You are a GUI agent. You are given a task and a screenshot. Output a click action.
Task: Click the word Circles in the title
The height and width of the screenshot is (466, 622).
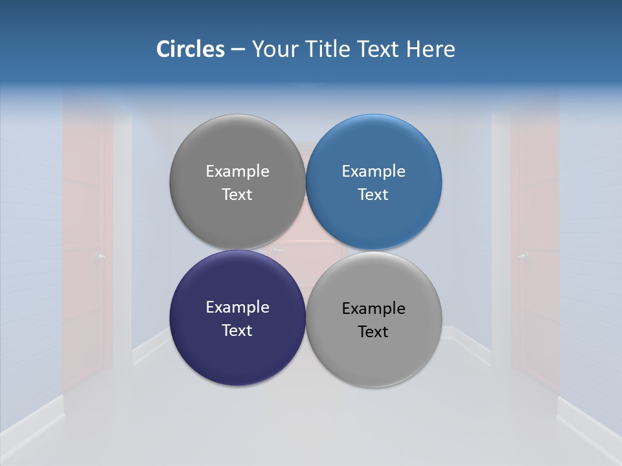(190, 49)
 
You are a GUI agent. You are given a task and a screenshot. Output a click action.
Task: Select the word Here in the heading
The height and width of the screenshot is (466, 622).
(431, 49)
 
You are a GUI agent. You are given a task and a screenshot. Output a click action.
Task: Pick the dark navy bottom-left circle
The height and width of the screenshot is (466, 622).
(237, 349)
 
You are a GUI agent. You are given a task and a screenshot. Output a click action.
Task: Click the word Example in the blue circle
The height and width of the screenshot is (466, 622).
(373, 172)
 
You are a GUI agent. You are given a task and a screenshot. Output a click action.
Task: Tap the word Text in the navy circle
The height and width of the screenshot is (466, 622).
(237, 330)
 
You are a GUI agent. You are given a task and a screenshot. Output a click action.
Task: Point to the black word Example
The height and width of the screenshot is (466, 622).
(373, 309)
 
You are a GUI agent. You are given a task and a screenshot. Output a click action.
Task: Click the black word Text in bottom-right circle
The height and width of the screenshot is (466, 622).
(373, 332)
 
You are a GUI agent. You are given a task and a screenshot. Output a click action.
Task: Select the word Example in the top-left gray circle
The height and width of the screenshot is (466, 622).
(237, 172)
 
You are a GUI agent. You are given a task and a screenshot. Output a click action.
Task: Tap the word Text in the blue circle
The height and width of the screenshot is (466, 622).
(373, 194)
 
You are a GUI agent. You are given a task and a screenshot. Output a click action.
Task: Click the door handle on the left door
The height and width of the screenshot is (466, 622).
(99, 257)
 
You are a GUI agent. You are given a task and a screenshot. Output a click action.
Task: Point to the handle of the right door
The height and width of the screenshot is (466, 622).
(522, 256)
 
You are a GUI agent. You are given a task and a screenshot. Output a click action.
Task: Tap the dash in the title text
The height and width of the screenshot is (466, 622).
(238, 50)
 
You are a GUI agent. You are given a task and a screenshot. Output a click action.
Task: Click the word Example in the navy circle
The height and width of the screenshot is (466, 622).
(237, 307)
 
